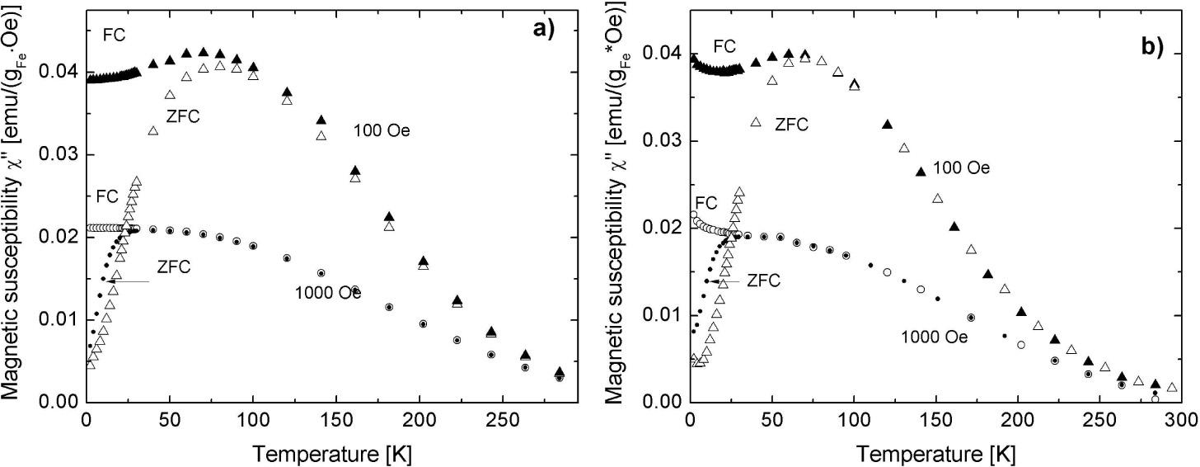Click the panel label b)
pos(1151,49)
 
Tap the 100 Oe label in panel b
pos(961,167)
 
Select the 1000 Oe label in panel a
pos(328,292)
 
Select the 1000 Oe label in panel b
pos(933,337)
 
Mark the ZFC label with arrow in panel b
pos(763,281)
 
